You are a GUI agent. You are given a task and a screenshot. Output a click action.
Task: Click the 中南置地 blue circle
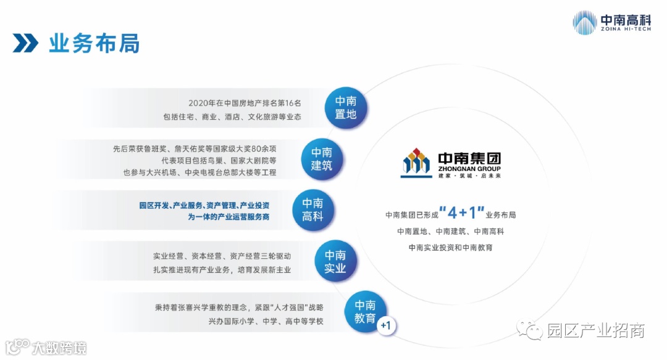tap(346, 108)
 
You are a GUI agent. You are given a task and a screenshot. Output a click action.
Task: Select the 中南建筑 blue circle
tap(322, 159)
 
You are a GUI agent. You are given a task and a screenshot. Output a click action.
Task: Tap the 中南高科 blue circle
tap(313, 210)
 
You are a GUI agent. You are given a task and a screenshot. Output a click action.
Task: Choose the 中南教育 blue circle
tap(365, 312)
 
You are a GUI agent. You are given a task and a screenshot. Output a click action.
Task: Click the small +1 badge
tap(387, 325)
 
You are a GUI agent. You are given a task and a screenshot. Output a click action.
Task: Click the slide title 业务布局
tap(94, 44)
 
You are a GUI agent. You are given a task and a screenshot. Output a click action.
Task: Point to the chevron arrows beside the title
tap(25, 44)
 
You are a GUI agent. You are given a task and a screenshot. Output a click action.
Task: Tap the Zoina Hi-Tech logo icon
tap(584, 23)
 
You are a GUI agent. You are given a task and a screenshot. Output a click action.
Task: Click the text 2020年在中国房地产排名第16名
tap(245, 103)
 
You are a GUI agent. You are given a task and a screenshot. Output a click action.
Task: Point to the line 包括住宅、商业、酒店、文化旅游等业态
tap(232, 116)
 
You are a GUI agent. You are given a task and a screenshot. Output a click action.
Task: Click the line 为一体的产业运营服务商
tap(229, 217)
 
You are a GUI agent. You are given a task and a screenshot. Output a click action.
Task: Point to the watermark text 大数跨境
tap(59, 348)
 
